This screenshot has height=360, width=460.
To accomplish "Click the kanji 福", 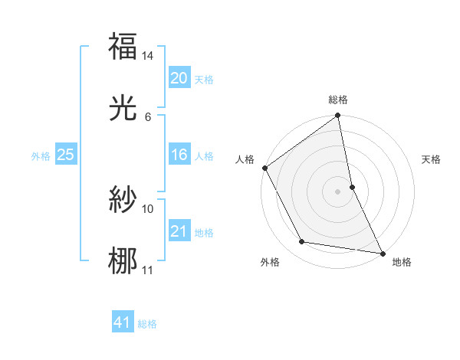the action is (x=123, y=47).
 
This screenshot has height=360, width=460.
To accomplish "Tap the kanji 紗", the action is (x=123, y=200).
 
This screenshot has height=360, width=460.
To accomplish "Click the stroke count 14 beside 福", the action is (x=148, y=56).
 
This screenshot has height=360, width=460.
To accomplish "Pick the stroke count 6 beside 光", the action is (x=147, y=117).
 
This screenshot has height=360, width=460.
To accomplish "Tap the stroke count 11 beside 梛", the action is (x=148, y=270).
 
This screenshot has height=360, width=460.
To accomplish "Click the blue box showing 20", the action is (x=179, y=78).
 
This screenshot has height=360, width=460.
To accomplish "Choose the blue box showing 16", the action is (x=179, y=155).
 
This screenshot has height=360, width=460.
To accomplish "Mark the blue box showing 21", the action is (x=179, y=231).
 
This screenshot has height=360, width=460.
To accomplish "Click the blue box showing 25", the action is (x=65, y=155).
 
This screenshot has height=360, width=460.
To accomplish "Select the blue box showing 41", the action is (x=123, y=323).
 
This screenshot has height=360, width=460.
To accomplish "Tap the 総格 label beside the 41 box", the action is (x=147, y=324).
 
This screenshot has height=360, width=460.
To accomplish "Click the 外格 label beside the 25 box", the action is (x=41, y=155).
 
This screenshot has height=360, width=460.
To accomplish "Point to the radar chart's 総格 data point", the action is (x=337, y=116).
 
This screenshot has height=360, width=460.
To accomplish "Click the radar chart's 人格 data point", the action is (x=264, y=168).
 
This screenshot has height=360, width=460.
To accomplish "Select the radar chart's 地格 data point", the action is (x=382, y=253).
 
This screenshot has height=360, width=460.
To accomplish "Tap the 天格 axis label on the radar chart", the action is (x=431, y=159).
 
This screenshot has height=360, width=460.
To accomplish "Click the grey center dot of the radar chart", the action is (x=337, y=191).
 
